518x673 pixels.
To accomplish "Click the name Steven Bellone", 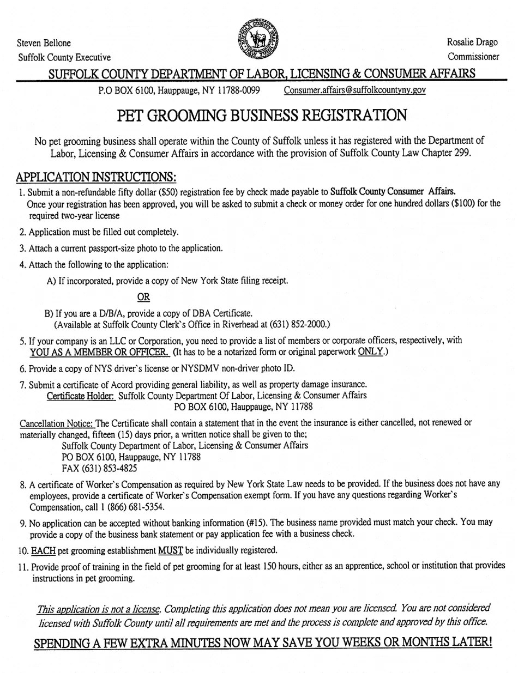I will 44,43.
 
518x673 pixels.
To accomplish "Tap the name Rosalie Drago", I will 473,42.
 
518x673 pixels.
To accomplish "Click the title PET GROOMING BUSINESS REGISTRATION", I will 262,116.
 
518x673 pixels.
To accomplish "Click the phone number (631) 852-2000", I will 294,324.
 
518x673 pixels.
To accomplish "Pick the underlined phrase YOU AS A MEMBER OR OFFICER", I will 99,351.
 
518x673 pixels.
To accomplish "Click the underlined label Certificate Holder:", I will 81,395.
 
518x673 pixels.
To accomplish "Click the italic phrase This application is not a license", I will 98,608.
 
